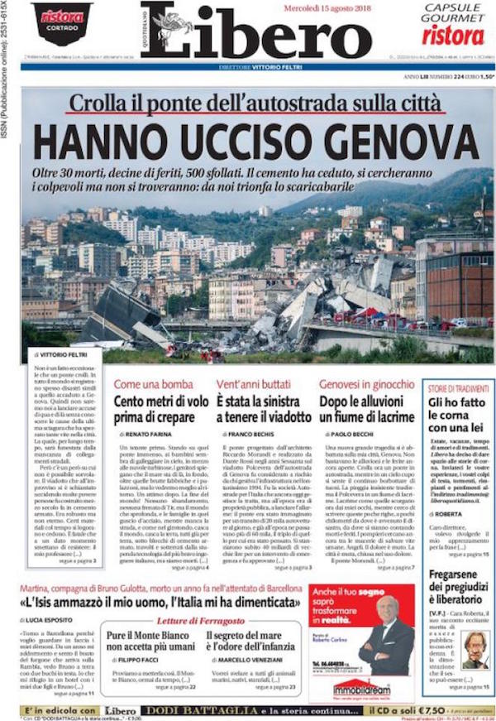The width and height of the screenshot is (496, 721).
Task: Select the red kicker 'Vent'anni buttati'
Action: [252, 384]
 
